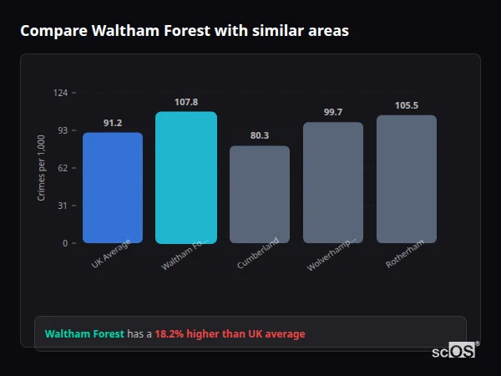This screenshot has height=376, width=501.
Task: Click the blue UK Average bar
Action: point(113,188)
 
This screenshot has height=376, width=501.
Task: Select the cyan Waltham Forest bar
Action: point(185,178)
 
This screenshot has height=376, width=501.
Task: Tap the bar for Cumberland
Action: point(260,195)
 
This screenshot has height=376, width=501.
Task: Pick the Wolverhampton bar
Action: point(333,183)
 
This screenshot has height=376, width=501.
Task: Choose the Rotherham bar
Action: point(407,180)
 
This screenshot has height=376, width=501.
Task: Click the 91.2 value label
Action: point(113,123)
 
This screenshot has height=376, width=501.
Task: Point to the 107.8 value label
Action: point(186,102)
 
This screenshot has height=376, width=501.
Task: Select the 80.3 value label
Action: point(260,136)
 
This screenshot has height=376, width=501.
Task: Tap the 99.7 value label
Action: point(333,112)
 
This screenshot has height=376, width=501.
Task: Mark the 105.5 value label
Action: point(407,105)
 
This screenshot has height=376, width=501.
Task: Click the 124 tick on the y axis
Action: point(61,93)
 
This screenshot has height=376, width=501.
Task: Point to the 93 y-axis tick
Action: point(63,130)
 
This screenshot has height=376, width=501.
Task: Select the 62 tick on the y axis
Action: point(63,168)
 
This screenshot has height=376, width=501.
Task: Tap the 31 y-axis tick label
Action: point(63,206)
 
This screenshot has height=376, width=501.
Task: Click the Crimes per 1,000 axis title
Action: point(42,168)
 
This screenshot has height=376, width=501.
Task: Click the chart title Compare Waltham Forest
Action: point(185,31)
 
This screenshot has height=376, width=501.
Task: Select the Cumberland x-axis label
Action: point(258,253)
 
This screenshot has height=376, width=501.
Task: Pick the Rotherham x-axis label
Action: point(405,253)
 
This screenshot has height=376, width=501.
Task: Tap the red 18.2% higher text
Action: point(230,334)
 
